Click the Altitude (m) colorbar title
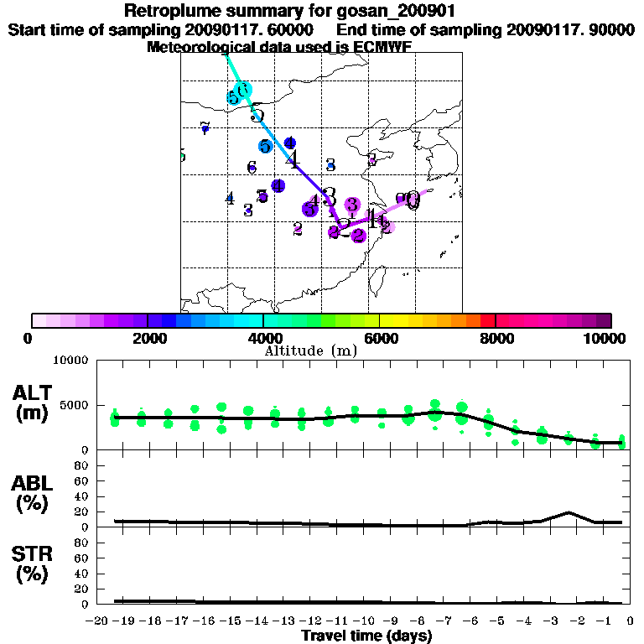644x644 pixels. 310,350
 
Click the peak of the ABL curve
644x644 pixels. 569,512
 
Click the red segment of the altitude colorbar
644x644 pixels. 487,320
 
